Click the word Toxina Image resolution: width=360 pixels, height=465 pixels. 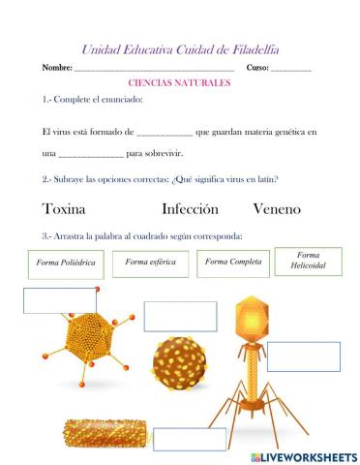click(x=65, y=209)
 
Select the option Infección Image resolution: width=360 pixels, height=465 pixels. click(x=190, y=209)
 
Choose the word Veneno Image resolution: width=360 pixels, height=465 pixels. click(x=277, y=209)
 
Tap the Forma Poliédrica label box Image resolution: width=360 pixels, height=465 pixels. click(x=65, y=263)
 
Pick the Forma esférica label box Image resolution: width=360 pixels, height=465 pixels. click(x=150, y=263)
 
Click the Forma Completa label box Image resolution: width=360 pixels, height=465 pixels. click(x=233, y=263)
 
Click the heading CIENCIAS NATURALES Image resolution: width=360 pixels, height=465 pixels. click(x=179, y=84)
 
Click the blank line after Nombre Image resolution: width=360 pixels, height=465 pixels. click(x=154, y=69)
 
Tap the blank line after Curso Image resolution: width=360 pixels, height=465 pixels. click(x=291, y=69)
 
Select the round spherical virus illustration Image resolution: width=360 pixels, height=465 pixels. click(x=183, y=364)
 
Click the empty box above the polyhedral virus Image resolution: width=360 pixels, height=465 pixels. click(x=60, y=301)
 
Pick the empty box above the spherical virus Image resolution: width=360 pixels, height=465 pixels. click(x=180, y=317)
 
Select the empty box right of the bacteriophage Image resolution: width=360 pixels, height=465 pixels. click(x=304, y=356)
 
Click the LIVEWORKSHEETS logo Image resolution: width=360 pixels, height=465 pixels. click(x=303, y=456)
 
